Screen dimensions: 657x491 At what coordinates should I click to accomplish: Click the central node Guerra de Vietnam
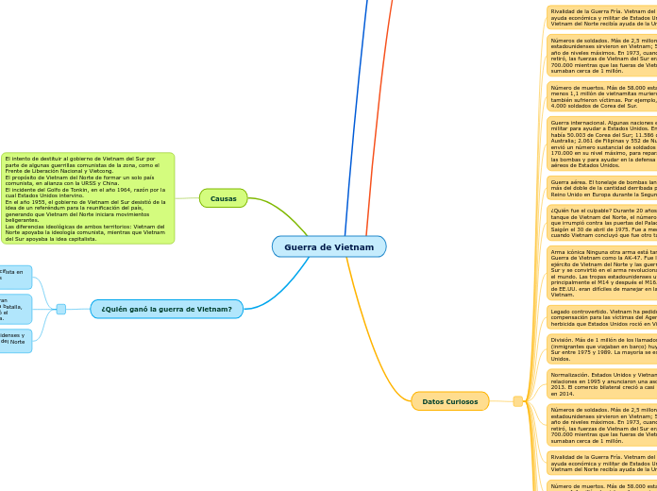[x=328, y=247]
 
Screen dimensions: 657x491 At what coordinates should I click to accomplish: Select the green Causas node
[x=223, y=198]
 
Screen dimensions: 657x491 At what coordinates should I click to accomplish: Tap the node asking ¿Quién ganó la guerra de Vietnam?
[x=166, y=309]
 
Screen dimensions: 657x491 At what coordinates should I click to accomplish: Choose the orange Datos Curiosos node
[x=449, y=401]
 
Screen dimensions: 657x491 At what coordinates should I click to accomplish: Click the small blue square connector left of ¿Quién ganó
[x=61, y=309]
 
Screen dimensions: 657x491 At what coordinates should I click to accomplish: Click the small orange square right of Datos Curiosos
[x=517, y=401]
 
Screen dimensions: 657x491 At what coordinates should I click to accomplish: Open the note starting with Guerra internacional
[x=601, y=144]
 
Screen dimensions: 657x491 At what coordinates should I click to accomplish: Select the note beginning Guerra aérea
[x=601, y=187]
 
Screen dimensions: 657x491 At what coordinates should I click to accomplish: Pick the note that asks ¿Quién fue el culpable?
[x=601, y=223]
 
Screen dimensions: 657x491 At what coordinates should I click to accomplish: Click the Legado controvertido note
[x=601, y=315]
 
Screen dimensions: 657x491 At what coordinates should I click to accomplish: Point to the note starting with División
[x=601, y=348]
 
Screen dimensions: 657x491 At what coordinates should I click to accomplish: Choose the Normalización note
[x=601, y=384]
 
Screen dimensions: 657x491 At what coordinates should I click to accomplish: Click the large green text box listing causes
[x=88, y=198]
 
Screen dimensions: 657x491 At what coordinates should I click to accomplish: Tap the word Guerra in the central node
[x=302, y=247]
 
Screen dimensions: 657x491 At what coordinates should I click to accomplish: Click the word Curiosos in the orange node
[x=463, y=401]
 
